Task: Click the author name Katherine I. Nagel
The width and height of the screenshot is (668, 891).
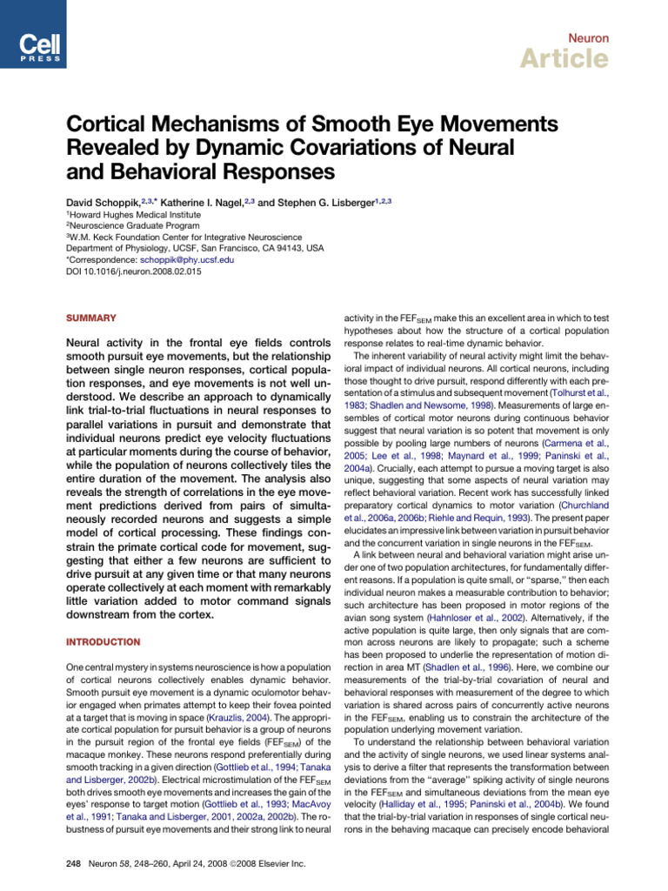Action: tap(211, 202)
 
